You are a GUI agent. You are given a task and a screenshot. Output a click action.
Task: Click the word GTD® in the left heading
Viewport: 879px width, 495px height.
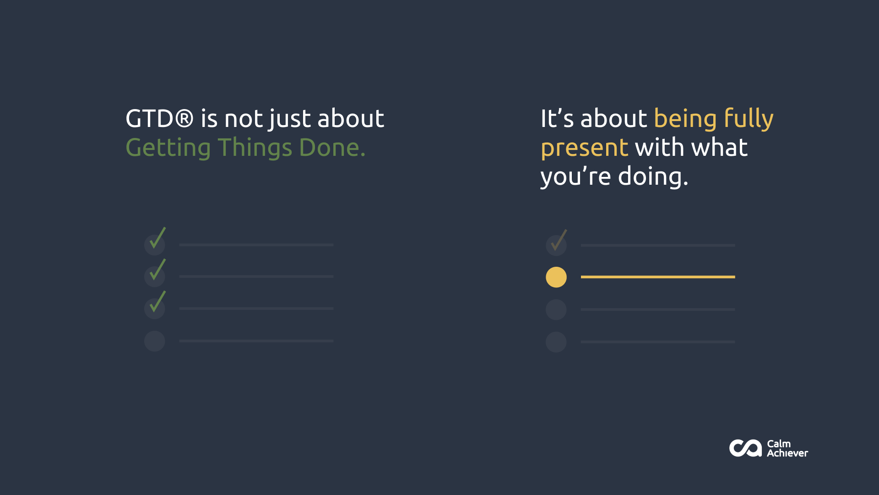point(160,118)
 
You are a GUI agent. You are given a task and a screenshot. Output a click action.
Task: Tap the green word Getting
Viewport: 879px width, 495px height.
point(168,148)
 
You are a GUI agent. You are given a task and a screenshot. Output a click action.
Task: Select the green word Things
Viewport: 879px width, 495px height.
point(255,148)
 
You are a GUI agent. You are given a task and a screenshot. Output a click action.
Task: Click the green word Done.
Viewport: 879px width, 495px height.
point(332,148)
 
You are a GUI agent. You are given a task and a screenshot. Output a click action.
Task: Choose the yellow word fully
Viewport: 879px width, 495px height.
point(749,119)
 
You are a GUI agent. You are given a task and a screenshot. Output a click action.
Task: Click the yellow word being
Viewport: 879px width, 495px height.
point(685,119)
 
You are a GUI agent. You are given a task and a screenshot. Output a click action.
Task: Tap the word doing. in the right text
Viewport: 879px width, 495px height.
point(653,177)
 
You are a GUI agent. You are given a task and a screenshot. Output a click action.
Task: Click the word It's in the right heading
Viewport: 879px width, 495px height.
point(557,118)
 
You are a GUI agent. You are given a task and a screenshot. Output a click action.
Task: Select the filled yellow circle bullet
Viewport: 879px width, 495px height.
point(556,277)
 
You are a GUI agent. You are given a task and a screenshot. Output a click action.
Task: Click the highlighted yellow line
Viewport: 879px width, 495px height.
point(658,277)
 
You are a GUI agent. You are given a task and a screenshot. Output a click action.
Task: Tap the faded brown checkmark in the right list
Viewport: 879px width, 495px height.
point(559,240)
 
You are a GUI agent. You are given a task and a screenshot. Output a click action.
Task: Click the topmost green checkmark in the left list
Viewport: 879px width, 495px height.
point(157,238)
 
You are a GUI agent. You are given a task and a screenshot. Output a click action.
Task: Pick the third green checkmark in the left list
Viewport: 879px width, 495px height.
point(157,301)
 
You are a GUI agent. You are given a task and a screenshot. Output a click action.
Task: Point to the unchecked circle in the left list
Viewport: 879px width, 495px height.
point(155,341)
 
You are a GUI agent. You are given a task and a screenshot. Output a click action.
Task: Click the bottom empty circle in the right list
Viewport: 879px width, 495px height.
point(556,342)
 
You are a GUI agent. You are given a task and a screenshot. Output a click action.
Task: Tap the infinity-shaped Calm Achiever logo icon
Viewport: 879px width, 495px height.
point(745,448)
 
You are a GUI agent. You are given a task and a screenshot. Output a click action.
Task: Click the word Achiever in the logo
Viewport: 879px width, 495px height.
point(787,453)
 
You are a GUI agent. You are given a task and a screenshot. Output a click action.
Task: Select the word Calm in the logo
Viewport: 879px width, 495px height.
point(779,444)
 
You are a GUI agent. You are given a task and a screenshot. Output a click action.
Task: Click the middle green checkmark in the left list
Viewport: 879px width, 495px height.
point(157,269)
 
